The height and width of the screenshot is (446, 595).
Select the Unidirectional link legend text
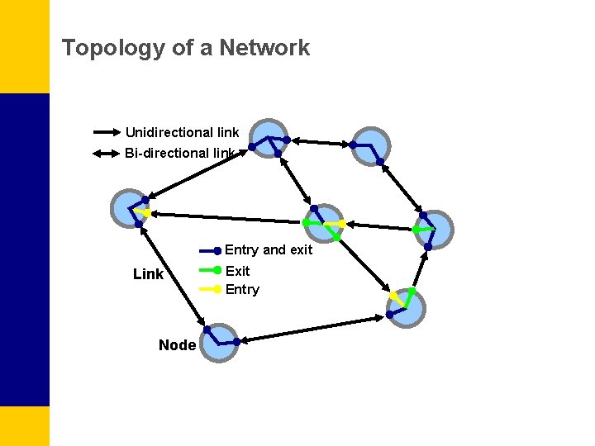(x=182, y=132)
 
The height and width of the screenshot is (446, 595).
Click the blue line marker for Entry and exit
(x=211, y=250)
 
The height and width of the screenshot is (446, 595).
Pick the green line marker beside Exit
(x=211, y=270)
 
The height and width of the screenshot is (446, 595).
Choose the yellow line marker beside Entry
(x=211, y=289)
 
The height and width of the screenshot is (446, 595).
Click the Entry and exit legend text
(x=269, y=250)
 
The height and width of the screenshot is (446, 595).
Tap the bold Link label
(x=148, y=274)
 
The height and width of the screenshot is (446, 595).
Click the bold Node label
(x=177, y=345)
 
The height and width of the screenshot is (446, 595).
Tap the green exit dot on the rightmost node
(x=416, y=230)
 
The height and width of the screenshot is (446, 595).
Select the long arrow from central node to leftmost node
(x=227, y=218)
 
